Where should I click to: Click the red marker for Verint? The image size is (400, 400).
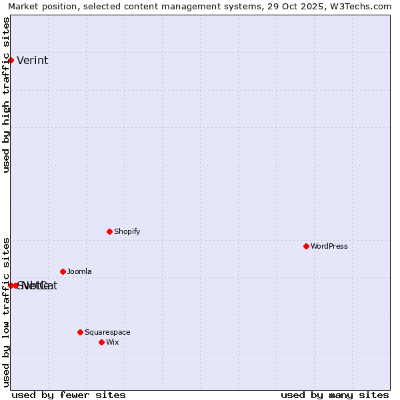pos(11,60)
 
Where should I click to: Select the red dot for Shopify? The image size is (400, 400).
pos(109,231)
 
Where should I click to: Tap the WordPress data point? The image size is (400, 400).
pos(306,246)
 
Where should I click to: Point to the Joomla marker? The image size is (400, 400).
pos(63,271)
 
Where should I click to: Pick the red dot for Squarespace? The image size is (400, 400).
pos(80,332)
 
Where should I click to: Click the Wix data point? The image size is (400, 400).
pos(101,342)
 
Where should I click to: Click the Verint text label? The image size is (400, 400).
pos(32,61)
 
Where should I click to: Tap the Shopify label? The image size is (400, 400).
pos(127,232)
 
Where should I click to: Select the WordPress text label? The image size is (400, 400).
pos(329,247)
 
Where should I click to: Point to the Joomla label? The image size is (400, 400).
pos(79,272)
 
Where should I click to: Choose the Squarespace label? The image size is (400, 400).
pos(107,333)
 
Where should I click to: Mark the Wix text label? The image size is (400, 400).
pos(112,343)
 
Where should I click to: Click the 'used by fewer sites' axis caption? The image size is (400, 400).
pos(69,395)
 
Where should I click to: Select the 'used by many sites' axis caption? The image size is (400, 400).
pos(335,395)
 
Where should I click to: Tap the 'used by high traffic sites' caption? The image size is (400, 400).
pos(7,95)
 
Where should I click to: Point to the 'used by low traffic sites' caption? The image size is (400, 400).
pos(7,311)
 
